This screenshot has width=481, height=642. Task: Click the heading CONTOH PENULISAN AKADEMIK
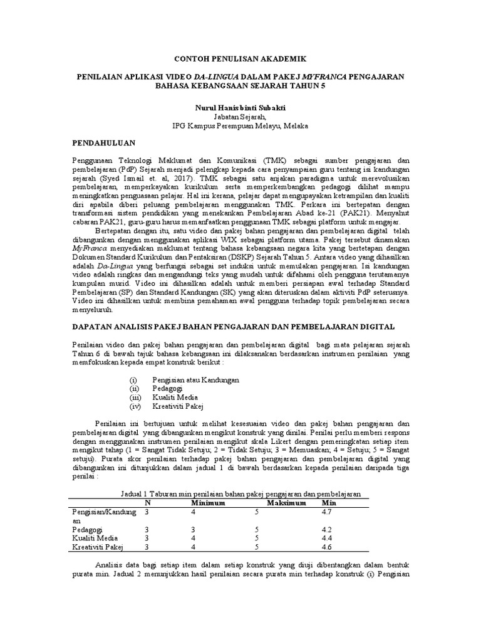pyautogui.click(x=240, y=58)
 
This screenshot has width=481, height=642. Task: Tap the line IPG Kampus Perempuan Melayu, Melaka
pyautogui.click(x=240, y=125)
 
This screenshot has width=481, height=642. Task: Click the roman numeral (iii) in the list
pyautogui.click(x=136, y=397)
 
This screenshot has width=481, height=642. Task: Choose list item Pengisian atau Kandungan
pyautogui.click(x=195, y=381)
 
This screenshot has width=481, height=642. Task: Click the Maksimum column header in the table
pyautogui.click(x=287, y=503)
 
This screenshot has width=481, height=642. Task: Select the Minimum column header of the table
pyautogui.click(x=209, y=503)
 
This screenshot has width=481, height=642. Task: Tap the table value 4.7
pyautogui.click(x=326, y=512)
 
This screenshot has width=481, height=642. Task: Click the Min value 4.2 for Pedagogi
pyautogui.click(x=326, y=529)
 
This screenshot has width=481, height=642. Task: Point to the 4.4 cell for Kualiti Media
pyautogui.click(x=326, y=538)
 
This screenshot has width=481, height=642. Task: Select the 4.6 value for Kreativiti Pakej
pyautogui.click(x=326, y=547)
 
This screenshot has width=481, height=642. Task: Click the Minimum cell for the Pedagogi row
pyautogui.click(x=194, y=529)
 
